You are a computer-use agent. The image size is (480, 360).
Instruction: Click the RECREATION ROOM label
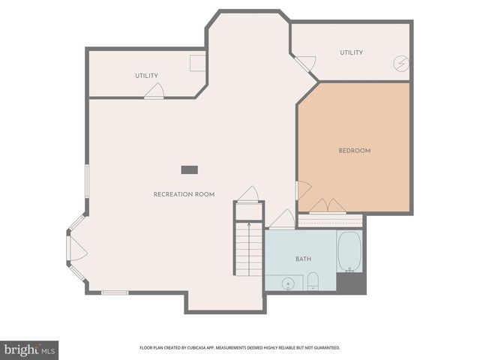coord(184,194)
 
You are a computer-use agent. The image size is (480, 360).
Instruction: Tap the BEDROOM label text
coord(354,151)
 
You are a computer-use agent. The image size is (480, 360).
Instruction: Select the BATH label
coord(303,259)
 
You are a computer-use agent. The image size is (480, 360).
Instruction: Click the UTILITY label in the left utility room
coord(146,76)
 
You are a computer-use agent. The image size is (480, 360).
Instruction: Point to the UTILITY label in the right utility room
coord(351,52)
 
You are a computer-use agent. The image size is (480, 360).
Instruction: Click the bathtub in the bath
coord(349,251)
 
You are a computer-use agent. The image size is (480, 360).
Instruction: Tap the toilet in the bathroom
coord(313,282)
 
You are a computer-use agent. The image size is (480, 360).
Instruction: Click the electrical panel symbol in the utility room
coord(402,65)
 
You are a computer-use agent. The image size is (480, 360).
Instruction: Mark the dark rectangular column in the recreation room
coord(188,169)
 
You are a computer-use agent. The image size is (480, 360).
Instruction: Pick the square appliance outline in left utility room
coord(197,63)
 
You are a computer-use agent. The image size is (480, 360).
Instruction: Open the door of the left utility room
coord(154,91)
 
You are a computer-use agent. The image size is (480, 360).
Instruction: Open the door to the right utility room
coord(305,64)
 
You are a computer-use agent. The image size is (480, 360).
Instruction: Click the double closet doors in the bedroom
coord(328,206)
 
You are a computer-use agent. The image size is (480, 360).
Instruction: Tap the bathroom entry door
coord(283,220)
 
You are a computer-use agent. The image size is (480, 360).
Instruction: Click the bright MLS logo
coord(29,349)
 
